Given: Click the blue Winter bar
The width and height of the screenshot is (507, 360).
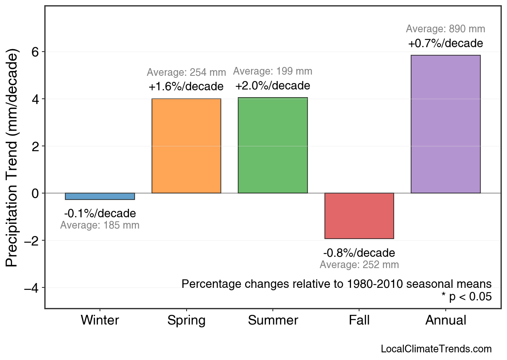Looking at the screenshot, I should (x=100, y=196).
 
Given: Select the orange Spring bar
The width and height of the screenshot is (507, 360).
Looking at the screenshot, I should (x=186, y=146).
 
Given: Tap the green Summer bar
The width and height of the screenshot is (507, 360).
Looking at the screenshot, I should (x=273, y=146).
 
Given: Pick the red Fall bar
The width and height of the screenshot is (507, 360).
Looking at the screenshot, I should (x=359, y=216).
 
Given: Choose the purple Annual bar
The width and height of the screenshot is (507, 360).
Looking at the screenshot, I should (x=445, y=124).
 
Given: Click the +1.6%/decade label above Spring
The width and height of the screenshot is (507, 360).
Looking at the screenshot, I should (x=186, y=87).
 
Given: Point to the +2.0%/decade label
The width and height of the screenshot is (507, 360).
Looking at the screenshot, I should (x=273, y=86).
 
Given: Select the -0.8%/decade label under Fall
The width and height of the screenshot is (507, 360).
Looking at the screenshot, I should (x=359, y=253).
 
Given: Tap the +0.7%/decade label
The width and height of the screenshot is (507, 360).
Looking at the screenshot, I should (x=445, y=43).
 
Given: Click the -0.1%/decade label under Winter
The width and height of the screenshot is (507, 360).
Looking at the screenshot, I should (x=100, y=213).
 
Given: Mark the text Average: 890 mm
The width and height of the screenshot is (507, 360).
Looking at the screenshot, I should (x=445, y=29).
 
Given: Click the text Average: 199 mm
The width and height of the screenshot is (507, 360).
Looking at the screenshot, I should (x=273, y=71).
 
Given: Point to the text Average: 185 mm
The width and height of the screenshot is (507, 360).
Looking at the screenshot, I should (x=100, y=225).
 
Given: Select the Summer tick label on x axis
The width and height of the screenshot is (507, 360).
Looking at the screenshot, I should (x=273, y=320).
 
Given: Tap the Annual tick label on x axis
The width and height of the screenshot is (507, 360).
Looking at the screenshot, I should (x=445, y=320).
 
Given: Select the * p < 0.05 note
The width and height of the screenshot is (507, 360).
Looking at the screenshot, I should (x=466, y=297).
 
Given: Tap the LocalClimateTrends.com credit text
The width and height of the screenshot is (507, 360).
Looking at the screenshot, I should (x=436, y=349).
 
